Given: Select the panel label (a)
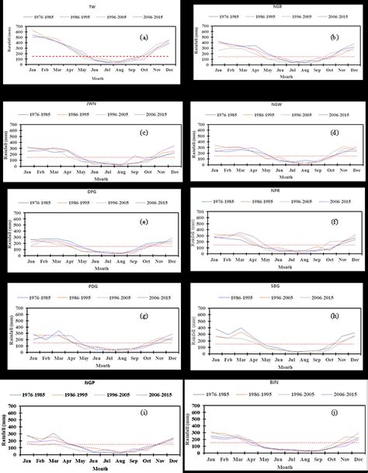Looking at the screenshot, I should pos(142,37).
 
